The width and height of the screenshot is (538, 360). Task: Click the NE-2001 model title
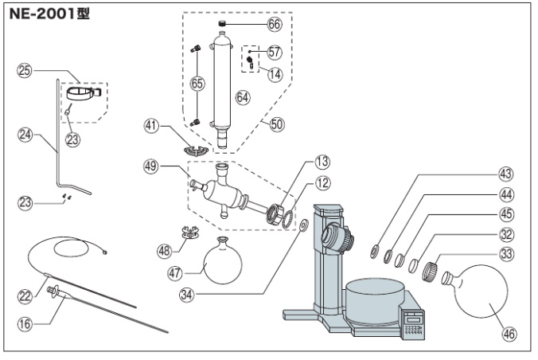tap(49, 14)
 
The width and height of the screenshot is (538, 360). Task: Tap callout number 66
tap(274, 24)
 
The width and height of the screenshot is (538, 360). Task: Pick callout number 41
tap(152, 125)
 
